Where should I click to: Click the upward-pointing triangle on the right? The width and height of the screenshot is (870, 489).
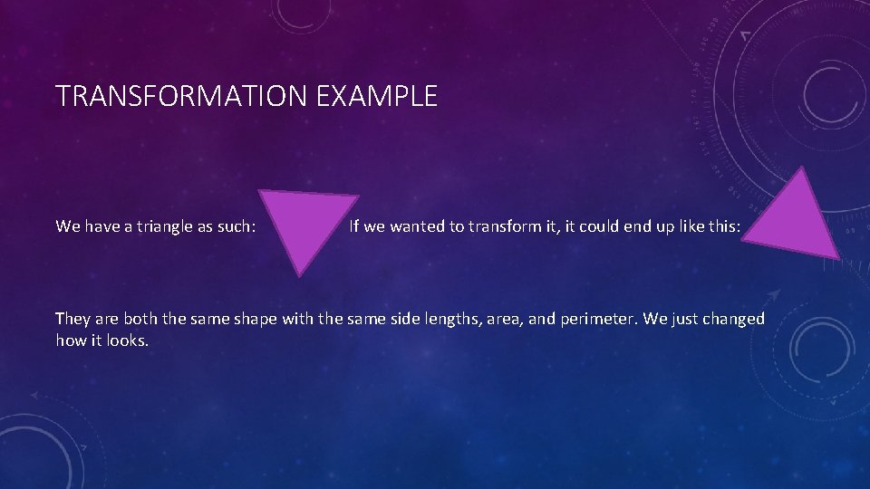pos(795,222)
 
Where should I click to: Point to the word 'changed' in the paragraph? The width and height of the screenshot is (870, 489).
pos(737,319)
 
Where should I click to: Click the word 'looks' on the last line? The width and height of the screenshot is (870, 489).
pos(125,341)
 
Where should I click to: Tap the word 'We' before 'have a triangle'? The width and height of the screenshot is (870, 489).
pos(68,226)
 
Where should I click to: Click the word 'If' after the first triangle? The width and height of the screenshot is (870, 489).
pos(354,226)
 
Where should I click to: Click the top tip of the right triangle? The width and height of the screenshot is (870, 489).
pos(802,168)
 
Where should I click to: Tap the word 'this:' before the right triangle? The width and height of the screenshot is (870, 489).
pos(722,226)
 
